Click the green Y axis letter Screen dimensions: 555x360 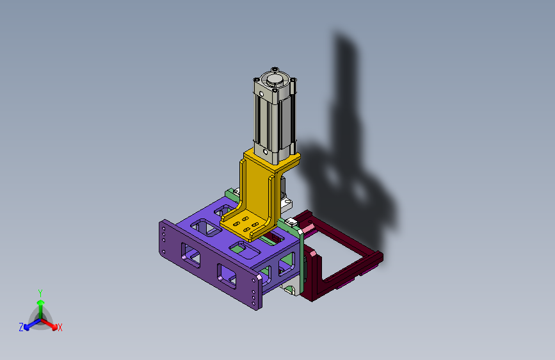click(40, 293)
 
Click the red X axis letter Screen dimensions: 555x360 click(60, 327)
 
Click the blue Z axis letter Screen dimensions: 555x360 click(21, 327)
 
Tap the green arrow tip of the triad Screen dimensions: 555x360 click(41, 302)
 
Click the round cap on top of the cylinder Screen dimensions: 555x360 click(275, 79)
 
